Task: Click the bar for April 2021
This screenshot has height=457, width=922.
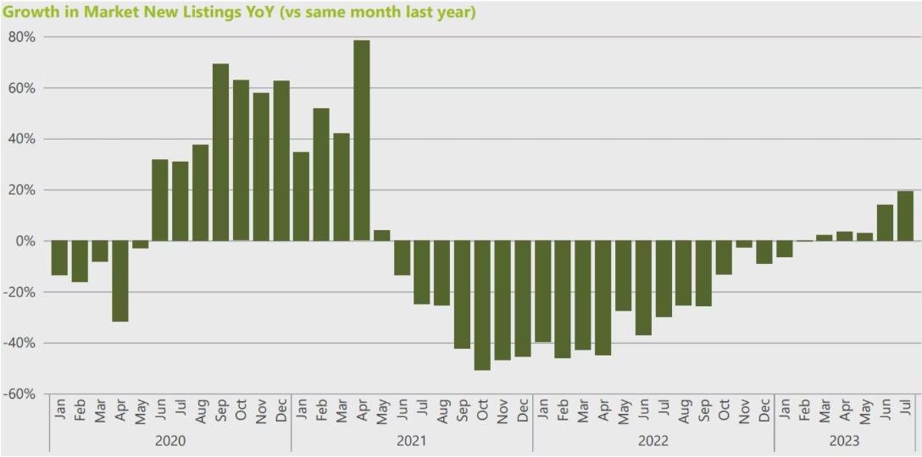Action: point(361,140)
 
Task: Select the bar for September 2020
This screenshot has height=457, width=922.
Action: point(220,152)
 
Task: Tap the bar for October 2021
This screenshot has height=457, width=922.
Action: point(482,305)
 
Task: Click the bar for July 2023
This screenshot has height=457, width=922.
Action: point(905,216)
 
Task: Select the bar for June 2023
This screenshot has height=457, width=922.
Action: point(885,223)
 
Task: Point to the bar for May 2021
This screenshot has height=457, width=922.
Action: point(381,235)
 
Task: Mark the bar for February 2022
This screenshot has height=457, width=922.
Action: point(563,299)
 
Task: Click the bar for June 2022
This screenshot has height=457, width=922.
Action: point(643,288)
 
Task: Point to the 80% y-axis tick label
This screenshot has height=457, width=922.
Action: point(21,37)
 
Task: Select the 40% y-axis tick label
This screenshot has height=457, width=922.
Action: point(21,139)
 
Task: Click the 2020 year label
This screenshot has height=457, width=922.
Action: point(169,441)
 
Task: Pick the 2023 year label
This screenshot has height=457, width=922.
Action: point(845,441)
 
